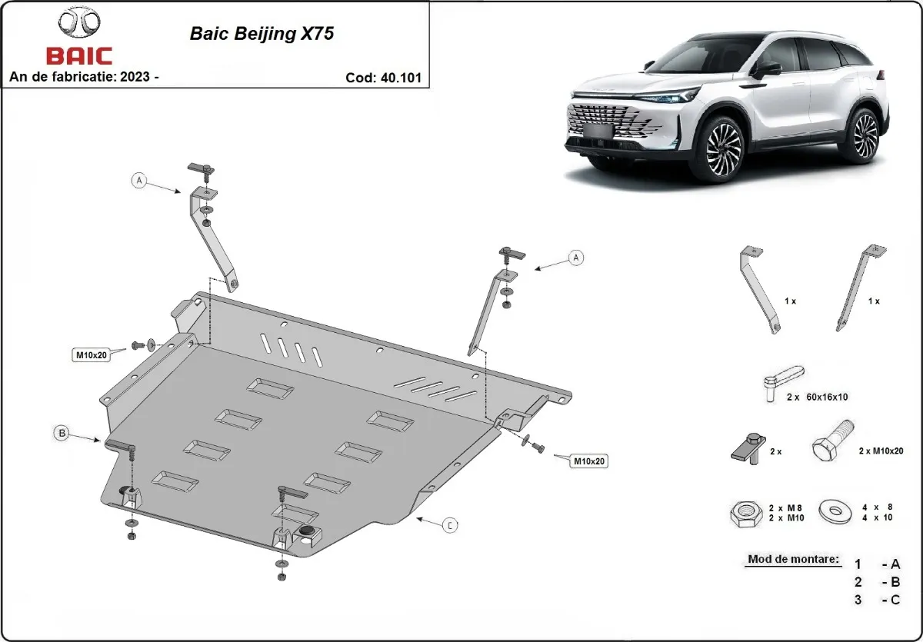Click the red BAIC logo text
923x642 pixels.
tap(79, 55)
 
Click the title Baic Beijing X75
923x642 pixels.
tap(262, 35)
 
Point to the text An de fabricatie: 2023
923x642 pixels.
tap(84, 77)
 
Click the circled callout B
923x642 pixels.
tap(62, 433)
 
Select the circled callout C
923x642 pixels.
tap(450, 525)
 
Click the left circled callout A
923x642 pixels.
tap(138, 181)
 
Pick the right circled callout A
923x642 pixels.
tap(575, 258)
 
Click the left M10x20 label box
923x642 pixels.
tap(92, 354)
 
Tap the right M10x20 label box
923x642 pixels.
tap(588, 461)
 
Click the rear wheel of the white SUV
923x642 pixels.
tap(865, 135)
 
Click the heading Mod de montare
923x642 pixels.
tap(792, 559)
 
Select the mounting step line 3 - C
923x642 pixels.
tap(877, 600)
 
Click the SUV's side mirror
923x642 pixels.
tap(765, 70)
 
